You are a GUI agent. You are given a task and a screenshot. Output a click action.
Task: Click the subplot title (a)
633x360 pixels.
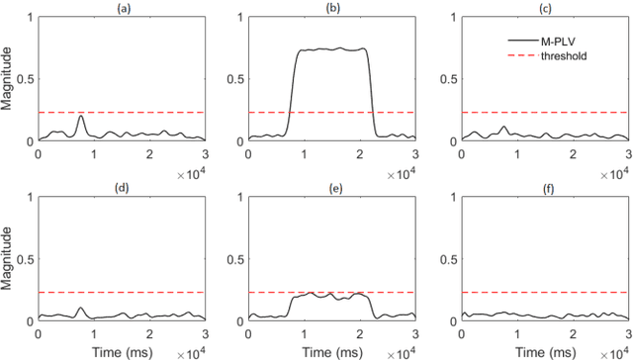(121, 8)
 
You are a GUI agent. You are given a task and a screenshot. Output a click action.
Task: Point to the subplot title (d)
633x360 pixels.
(121, 188)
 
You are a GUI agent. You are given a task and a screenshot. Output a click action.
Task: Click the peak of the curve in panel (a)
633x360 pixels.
(80, 116)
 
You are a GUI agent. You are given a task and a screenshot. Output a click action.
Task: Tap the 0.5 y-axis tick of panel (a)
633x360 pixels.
(26, 79)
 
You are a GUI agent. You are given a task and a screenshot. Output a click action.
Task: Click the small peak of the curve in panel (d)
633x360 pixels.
(80, 309)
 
